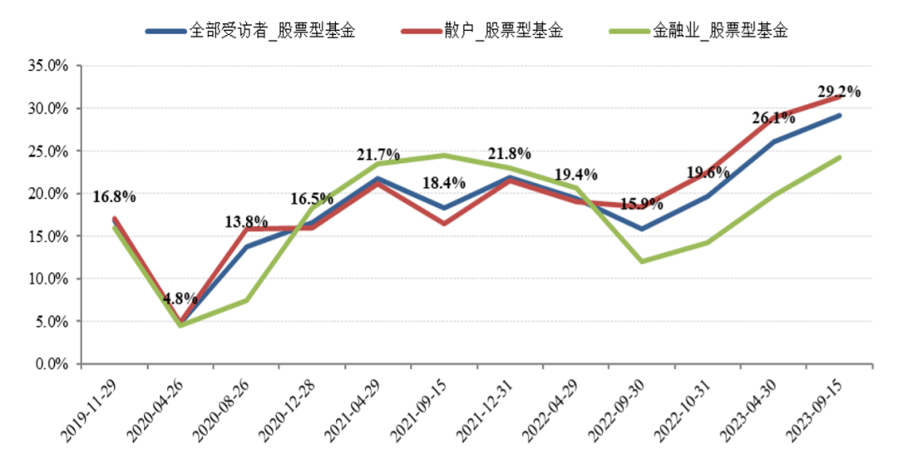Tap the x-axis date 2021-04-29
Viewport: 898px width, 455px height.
(x=354, y=408)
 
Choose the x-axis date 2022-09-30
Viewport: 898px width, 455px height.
(x=618, y=408)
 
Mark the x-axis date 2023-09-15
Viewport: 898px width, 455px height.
(x=815, y=408)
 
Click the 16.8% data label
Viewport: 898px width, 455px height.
(x=114, y=197)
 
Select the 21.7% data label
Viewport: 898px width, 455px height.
(x=378, y=156)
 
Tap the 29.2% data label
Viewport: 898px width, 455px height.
(x=838, y=92)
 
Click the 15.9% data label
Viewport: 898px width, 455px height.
(x=641, y=203)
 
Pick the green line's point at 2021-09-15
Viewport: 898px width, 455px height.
(x=444, y=156)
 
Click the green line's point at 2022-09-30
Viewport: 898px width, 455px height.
(x=641, y=261)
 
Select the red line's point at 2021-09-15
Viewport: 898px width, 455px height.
(x=444, y=223)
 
